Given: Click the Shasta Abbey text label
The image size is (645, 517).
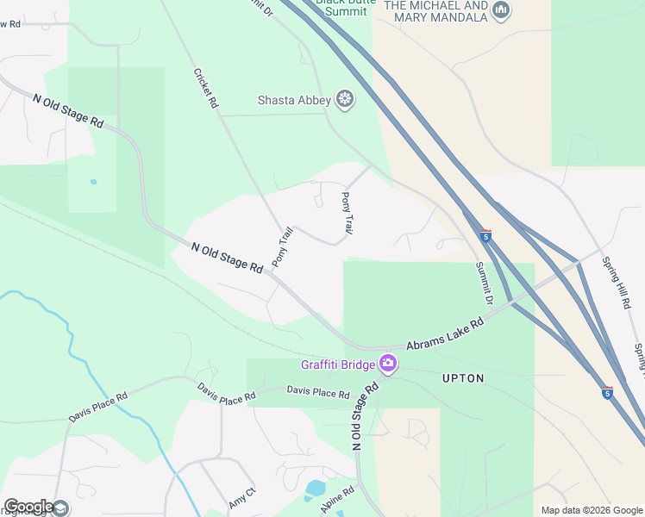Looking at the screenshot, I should [294, 101].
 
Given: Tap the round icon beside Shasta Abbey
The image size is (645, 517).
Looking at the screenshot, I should [346, 101].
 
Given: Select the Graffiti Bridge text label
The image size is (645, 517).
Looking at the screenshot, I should [337, 364].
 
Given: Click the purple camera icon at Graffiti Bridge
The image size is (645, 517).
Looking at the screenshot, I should [388, 364].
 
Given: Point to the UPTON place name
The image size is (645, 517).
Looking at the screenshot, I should [463, 378].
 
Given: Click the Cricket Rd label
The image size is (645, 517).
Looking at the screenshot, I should [206, 87].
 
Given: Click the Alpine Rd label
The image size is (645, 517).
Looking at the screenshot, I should [337, 501].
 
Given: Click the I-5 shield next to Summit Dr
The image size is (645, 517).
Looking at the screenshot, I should [486, 235].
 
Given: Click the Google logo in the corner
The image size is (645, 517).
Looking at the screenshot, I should [28, 507].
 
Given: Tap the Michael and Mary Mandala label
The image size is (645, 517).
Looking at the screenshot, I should [435, 11].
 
